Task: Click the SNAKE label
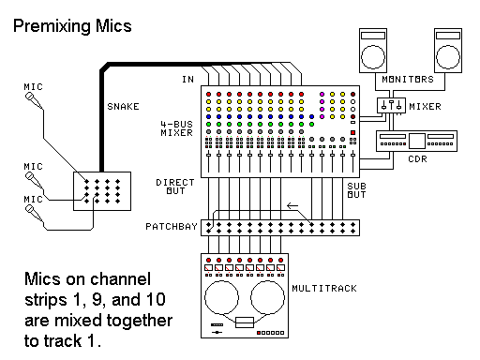[125, 106]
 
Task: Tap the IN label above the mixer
[187, 81]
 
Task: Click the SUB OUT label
[354, 191]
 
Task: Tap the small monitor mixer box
[391, 106]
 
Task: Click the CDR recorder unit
[413, 141]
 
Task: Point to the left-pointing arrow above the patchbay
[292, 207]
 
